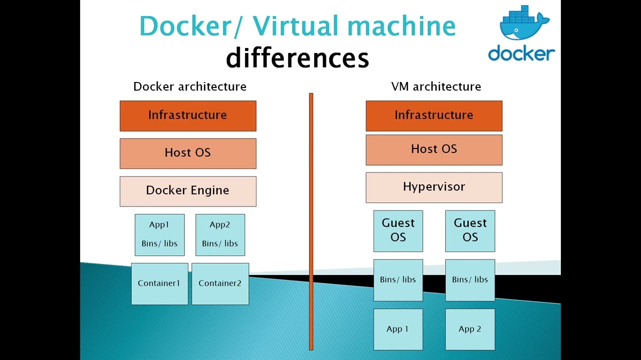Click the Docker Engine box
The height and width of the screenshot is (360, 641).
click(x=188, y=191)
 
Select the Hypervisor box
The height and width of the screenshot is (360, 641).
click(x=434, y=187)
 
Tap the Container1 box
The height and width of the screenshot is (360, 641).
click(x=159, y=283)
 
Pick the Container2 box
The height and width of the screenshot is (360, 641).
click(x=220, y=283)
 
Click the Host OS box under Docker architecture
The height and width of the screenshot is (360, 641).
click(x=188, y=153)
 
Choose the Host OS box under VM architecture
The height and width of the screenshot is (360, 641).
click(x=434, y=149)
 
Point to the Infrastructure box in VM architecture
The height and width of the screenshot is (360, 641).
click(x=434, y=115)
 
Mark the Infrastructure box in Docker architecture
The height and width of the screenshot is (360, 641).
click(x=188, y=115)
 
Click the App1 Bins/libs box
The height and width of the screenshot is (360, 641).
click(x=159, y=234)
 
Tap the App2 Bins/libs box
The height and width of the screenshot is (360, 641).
click(x=220, y=234)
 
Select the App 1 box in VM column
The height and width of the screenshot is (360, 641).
click(x=398, y=329)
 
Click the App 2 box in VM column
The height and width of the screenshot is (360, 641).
click(x=470, y=329)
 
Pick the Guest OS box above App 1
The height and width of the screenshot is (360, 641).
click(x=398, y=230)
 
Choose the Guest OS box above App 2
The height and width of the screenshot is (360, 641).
click(x=470, y=230)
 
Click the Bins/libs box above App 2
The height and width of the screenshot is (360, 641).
click(x=470, y=280)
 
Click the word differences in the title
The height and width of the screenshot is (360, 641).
click(x=297, y=58)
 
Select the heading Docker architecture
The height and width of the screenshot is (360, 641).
click(x=190, y=86)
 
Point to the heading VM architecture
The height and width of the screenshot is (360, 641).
click(x=436, y=86)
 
